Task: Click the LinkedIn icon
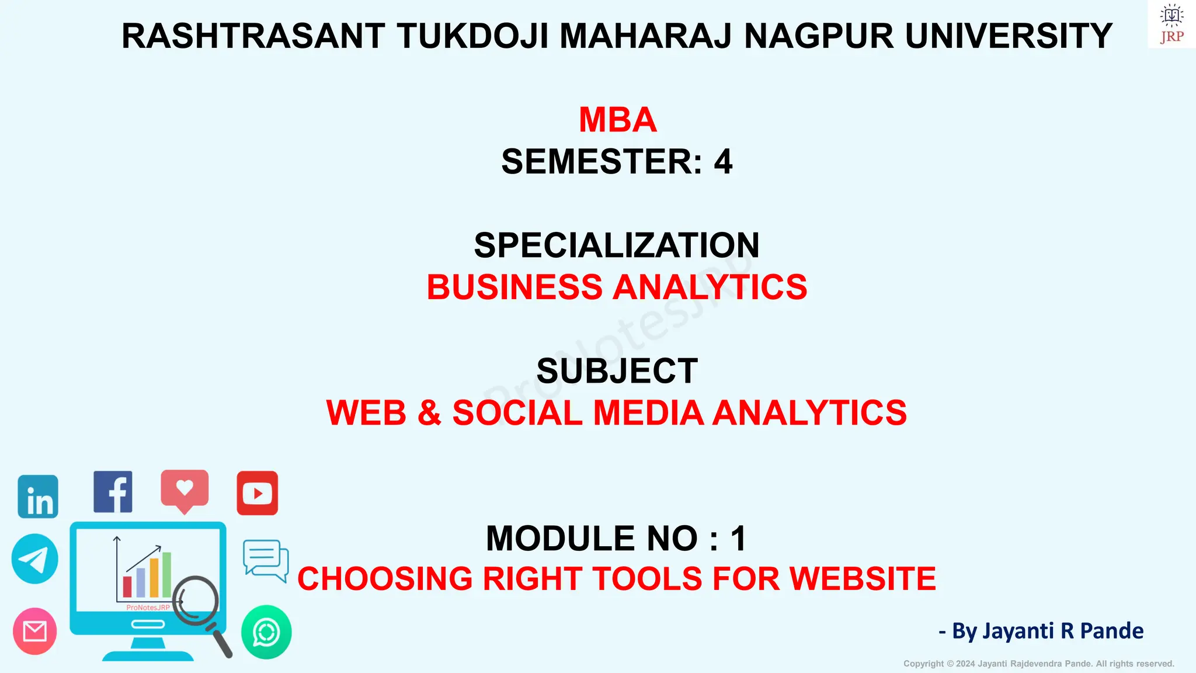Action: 38,497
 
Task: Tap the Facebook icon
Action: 113,492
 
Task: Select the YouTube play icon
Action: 257,494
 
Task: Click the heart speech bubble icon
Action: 185,489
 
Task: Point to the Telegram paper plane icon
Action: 35,558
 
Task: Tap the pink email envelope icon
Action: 35,631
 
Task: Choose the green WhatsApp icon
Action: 266,632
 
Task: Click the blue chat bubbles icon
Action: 266,560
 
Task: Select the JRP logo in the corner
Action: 1171,25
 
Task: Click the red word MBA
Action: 617,120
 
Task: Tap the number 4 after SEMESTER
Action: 723,162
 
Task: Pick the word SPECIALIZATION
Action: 617,245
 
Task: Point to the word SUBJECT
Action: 617,371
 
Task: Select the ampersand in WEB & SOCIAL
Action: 429,413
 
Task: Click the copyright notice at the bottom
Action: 1038,664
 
